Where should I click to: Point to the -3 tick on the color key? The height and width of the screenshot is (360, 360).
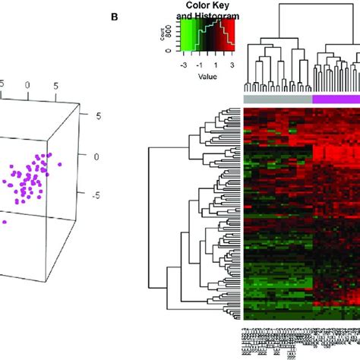tap(183, 65)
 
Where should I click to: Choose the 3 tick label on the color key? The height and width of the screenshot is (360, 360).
tap(230, 65)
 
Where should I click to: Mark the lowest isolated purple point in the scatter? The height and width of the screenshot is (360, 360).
tap(5, 222)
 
